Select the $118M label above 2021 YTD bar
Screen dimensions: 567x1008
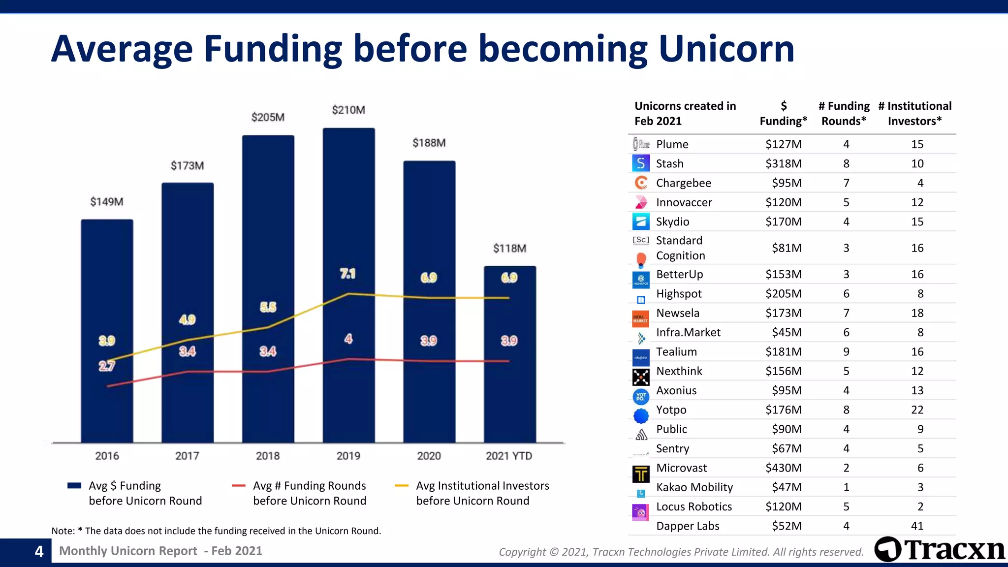tap(509, 249)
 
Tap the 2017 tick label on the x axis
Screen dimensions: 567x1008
tap(187, 456)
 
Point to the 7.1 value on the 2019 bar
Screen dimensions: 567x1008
tap(347, 274)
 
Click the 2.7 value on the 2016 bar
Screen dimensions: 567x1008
tap(107, 366)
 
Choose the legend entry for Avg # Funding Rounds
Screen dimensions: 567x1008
tap(309, 493)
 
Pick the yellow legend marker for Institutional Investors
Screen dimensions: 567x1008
tap(402, 486)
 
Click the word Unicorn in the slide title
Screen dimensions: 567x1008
tap(726, 49)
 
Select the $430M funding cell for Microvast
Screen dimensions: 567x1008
tap(783, 468)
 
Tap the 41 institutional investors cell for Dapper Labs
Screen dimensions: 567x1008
tap(917, 526)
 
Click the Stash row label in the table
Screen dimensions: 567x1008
tap(669, 163)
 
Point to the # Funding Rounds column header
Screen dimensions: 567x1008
tap(844, 113)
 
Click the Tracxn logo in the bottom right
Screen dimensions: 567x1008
tap(939, 549)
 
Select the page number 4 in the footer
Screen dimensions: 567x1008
tap(39, 551)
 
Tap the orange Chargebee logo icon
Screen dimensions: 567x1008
tap(641, 183)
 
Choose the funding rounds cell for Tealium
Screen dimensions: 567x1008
tap(846, 351)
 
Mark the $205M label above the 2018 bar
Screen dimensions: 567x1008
tap(268, 117)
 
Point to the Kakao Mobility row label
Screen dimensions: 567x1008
tap(694, 487)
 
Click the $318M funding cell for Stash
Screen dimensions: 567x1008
tap(783, 163)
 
